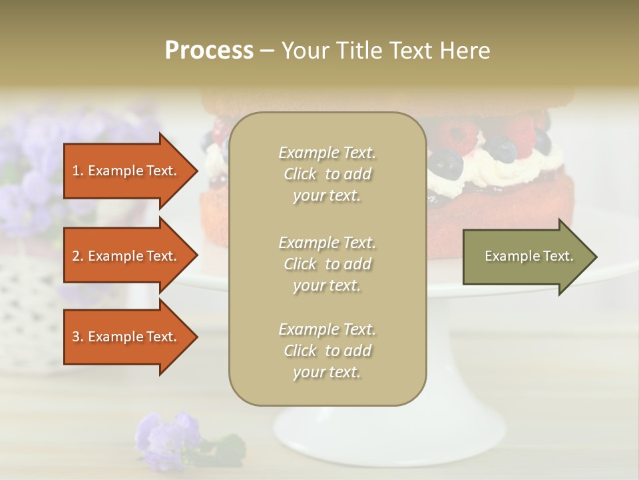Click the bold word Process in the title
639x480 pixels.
pyautogui.click(x=209, y=51)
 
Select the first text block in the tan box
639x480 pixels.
pyautogui.click(x=327, y=174)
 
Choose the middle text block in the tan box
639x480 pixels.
pyautogui.click(x=327, y=264)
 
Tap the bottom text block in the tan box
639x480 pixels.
pyautogui.click(x=327, y=351)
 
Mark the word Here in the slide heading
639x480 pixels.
pyautogui.click(x=465, y=51)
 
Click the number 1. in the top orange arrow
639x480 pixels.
pyautogui.click(x=78, y=171)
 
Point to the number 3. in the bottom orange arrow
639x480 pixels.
pyautogui.click(x=78, y=337)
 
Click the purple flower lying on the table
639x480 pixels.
pyautogui.click(x=166, y=433)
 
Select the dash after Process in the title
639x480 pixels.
pyautogui.click(x=267, y=51)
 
